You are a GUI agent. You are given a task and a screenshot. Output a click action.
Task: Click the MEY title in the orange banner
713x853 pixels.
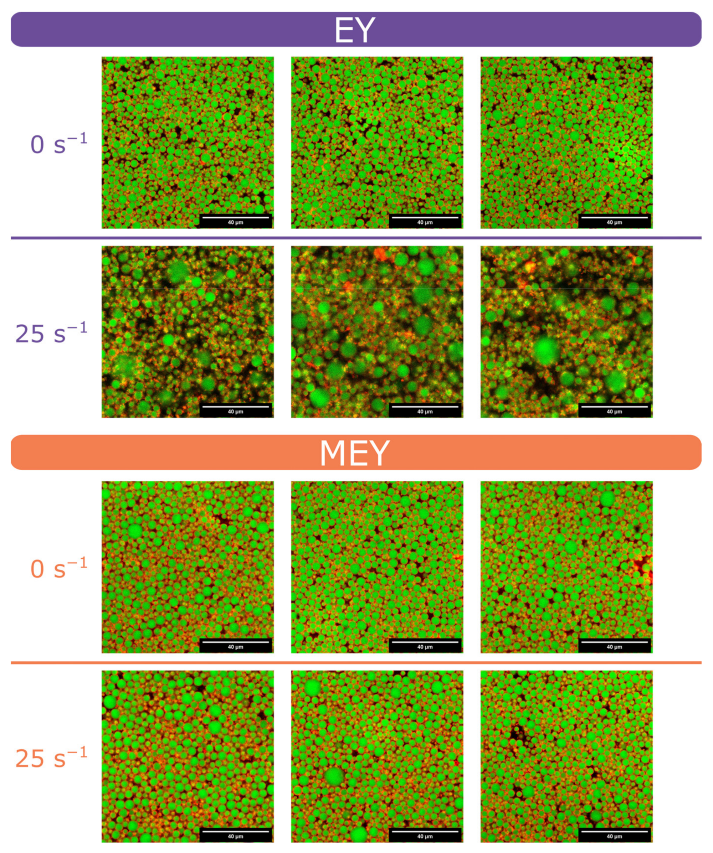(x=354, y=453)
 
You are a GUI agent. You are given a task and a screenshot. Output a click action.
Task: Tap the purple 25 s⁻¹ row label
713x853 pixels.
(x=51, y=333)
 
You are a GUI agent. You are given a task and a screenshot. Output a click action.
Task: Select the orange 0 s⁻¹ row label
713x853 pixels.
(x=59, y=568)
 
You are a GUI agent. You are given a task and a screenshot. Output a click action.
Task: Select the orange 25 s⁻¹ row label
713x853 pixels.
(x=51, y=758)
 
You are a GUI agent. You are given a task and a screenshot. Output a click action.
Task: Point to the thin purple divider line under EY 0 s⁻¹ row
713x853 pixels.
(x=356, y=238)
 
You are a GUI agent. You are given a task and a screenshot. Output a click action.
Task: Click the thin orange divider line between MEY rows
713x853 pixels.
(x=356, y=662)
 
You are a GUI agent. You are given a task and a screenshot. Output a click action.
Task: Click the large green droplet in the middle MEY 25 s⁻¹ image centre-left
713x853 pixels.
(x=334, y=777)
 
